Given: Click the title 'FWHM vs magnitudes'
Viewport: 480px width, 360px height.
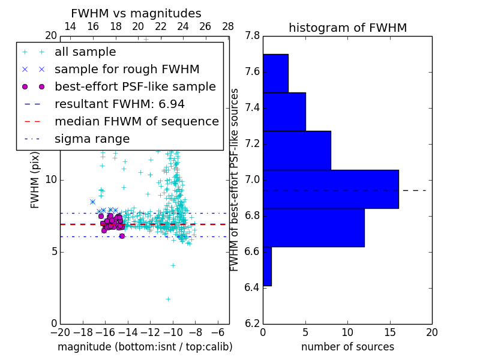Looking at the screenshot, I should [x=136, y=13].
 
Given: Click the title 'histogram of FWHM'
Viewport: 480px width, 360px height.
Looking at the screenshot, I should [x=347, y=28].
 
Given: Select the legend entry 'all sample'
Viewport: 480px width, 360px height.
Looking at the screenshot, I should [x=85, y=52].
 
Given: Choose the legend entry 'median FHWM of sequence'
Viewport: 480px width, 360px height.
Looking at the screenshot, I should [x=136, y=121].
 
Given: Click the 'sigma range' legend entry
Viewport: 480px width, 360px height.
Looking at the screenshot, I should [x=92, y=139].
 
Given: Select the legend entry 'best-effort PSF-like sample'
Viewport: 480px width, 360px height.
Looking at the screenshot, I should [x=135, y=86].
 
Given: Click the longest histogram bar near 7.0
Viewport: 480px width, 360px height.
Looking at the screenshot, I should [x=331, y=189].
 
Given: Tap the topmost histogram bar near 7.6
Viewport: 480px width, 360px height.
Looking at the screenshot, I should [x=275, y=73].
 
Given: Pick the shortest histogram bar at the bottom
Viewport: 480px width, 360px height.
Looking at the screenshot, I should [x=267, y=266].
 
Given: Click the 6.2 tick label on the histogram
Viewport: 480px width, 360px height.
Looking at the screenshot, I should [x=252, y=324].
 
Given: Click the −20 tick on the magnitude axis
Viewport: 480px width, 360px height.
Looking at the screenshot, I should [x=60, y=333].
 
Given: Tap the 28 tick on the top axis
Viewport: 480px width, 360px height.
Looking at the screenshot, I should [x=228, y=26].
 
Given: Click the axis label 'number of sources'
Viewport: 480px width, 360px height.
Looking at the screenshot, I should [x=347, y=347].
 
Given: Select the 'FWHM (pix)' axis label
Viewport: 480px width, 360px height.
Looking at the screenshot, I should [x=35, y=181].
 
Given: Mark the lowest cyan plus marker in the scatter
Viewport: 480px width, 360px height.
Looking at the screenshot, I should [x=168, y=299].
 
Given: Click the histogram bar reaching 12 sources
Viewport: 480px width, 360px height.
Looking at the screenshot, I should [x=313, y=227].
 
